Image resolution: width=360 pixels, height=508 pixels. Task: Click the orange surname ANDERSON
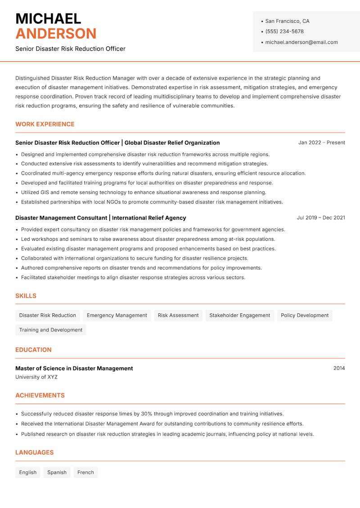pos(56,34)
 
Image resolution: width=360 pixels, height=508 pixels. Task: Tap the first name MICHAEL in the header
pos(48,18)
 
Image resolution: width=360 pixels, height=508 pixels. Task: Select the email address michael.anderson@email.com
pos(301,42)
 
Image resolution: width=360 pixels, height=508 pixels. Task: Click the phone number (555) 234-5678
pos(284,31)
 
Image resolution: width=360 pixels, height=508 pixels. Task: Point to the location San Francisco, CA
pos(287,21)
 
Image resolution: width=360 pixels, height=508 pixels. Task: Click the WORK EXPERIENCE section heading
pos(45,124)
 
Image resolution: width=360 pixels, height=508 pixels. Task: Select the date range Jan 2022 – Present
pos(321,143)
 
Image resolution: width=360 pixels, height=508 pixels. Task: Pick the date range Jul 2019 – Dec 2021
pos(320,218)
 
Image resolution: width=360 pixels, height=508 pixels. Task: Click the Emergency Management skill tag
pos(117,315)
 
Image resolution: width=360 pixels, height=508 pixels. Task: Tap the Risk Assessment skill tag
pos(178,315)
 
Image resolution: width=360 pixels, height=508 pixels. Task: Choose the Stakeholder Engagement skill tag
pos(239,315)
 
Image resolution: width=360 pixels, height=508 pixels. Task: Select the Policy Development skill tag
pos(305,315)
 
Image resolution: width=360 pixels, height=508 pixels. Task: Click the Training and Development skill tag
pos(51,330)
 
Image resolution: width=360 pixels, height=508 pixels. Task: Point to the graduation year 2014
pos(339,368)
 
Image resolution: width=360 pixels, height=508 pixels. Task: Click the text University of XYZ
pos(36,377)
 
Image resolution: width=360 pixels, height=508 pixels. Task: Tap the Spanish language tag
pos(57,472)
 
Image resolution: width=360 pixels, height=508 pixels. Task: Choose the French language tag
pos(85,472)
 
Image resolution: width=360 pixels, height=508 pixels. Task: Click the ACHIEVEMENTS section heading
pos(40,395)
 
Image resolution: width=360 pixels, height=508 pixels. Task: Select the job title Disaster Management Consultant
pos(61,218)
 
